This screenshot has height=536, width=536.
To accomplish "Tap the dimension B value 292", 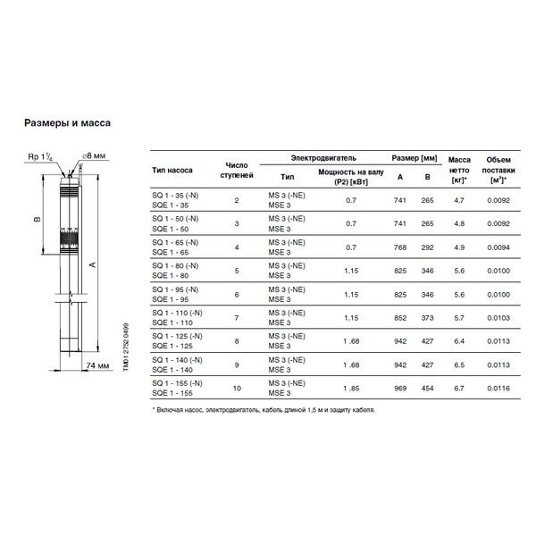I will pos(428,247).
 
